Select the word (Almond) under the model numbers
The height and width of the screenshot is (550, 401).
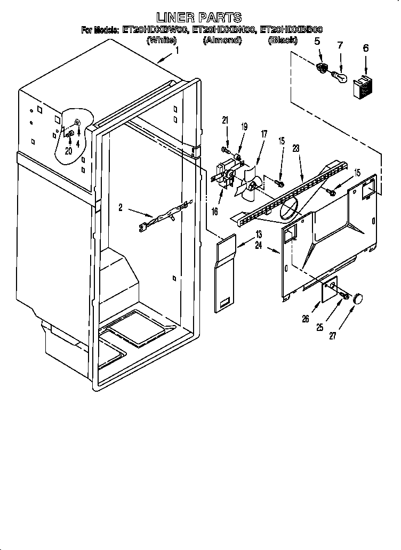222,40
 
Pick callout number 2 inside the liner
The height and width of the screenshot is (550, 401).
121,208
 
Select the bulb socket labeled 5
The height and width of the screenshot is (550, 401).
322,69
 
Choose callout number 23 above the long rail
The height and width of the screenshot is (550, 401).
296,150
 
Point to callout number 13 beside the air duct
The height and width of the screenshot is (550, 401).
259,234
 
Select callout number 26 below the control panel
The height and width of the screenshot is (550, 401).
306,320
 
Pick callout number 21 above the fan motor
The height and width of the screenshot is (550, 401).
225,121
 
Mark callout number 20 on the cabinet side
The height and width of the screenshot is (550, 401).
68,151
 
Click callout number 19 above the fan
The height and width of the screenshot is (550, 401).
244,127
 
